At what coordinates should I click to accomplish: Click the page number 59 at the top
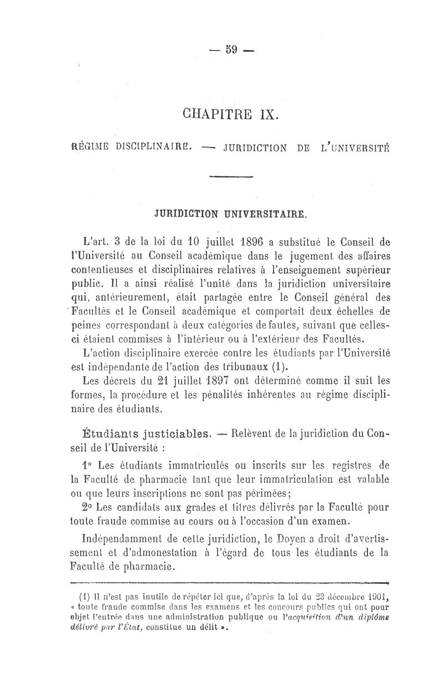[231, 49]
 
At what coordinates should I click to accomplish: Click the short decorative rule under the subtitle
[231, 176]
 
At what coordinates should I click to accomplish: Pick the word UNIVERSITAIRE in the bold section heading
[267, 213]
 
